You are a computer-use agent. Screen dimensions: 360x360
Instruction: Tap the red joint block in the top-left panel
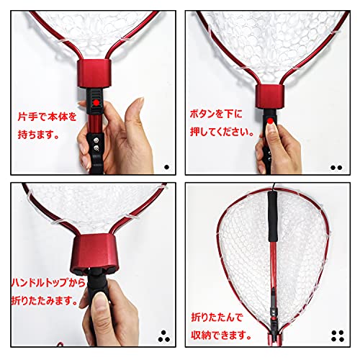[x=94, y=75]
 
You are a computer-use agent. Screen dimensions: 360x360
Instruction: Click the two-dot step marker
[x=336, y=166]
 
